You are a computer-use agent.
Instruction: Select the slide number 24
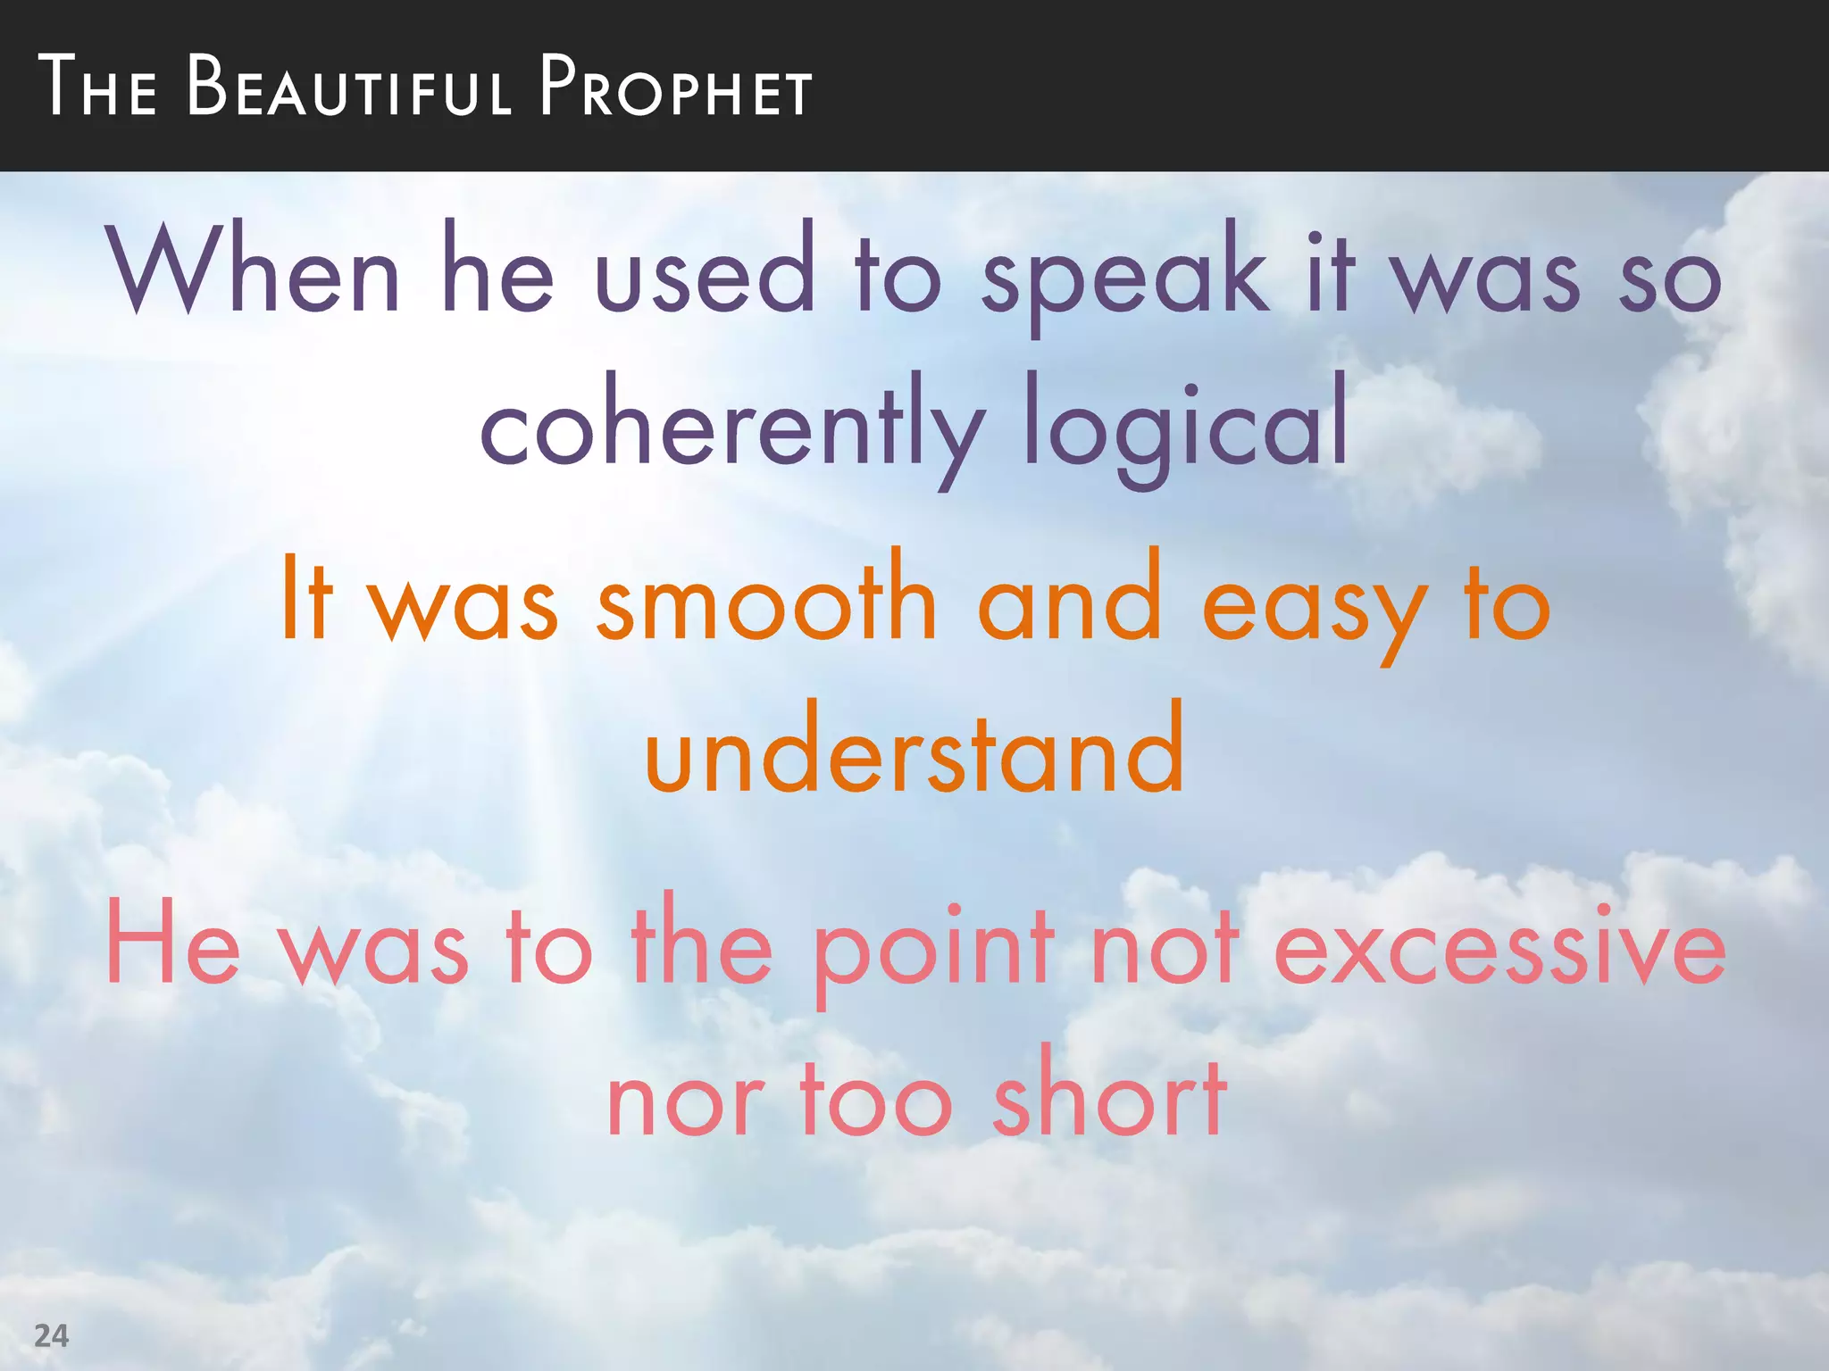51,1336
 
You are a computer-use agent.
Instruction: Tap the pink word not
1165,946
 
